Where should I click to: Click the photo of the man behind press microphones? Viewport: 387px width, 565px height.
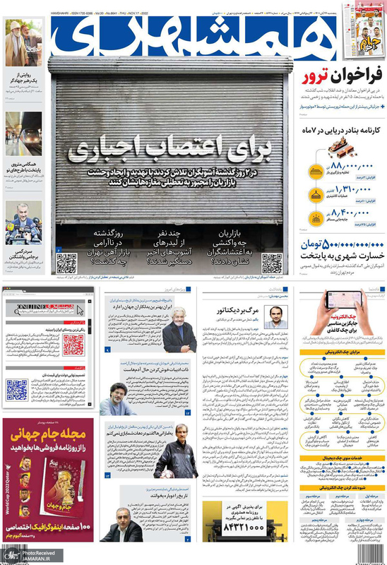coord(23,222)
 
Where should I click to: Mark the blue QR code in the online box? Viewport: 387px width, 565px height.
coord(17,388)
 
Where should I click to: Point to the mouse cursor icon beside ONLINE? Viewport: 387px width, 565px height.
coord(80,309)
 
